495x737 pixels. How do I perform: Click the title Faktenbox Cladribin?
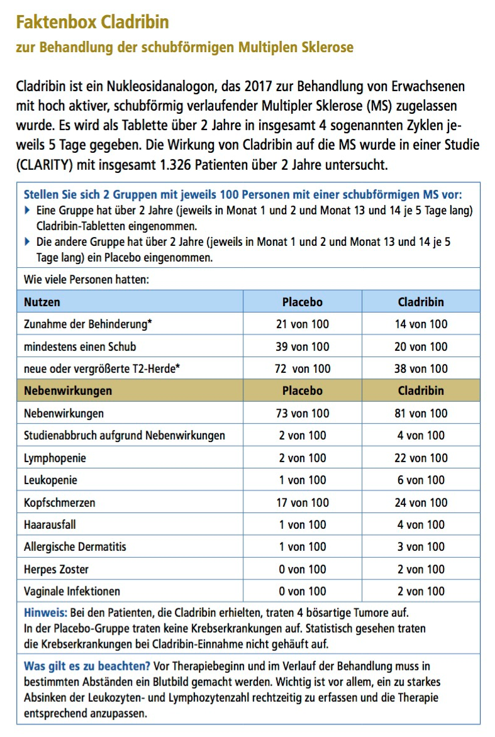point(92,23)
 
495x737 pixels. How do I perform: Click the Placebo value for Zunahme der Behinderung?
point(303,324)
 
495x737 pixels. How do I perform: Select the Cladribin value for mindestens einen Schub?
point(421,346)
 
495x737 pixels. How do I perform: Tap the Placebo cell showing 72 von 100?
point(303,368)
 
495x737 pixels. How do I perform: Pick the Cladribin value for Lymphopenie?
point(421,458)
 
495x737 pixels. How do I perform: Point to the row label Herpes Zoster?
point(57,569)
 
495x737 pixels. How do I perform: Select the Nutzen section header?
point(42,302)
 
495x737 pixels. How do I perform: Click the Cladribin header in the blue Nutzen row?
point(421,302)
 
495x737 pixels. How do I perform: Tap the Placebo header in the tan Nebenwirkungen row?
point(303,391)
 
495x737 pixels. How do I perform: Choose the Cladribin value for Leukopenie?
point(421,480)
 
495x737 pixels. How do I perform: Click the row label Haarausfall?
point(50,524)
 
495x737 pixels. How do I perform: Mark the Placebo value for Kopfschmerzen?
point(303,502)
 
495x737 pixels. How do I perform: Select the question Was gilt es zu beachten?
point(87,666)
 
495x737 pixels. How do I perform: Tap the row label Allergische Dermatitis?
point(75,546)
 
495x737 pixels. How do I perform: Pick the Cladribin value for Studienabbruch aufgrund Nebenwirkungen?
point(421,435)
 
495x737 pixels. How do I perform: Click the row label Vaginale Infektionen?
point(72,591)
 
